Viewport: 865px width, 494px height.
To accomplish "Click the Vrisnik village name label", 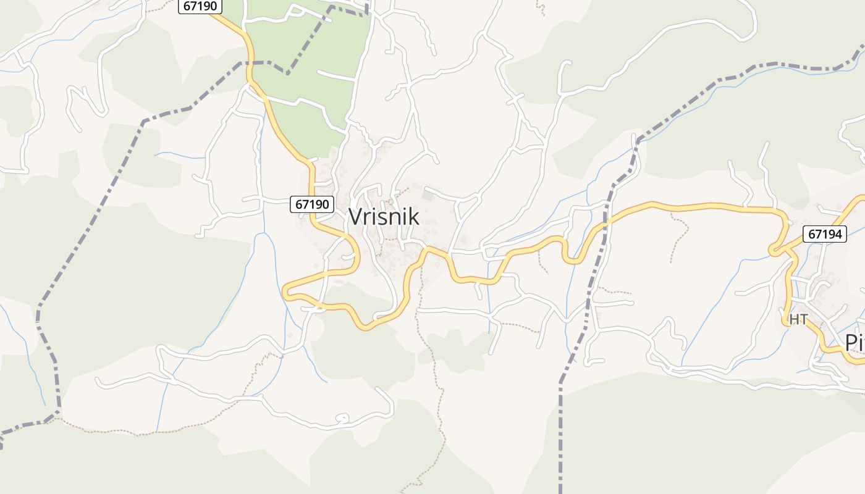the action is pyautogui.click(x=384, y=217).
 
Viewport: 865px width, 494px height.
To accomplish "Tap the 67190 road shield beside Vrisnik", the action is pyautogui.click(x=312, y=204).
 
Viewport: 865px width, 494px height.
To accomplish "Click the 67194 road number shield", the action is pyautogui.click(x=825, y=235).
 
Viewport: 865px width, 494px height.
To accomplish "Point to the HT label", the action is pyautogui.click(x=798, y=319).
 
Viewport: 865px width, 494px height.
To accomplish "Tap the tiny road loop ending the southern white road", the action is pyautogui.click(x=342, y=419).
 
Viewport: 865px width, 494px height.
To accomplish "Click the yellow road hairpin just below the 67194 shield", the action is pyautogui.click(x=773, y=250).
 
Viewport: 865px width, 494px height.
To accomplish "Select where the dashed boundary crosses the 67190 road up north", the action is pyautogui.click(x=250, y=63).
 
